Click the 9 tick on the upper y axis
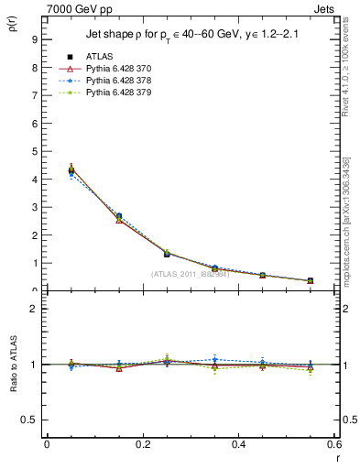[34, 39]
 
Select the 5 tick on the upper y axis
[34, 151]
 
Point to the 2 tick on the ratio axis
[34, 309]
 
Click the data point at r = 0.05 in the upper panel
[71, 170]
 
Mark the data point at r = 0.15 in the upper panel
[119, 217]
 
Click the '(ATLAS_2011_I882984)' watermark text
[190, 274]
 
